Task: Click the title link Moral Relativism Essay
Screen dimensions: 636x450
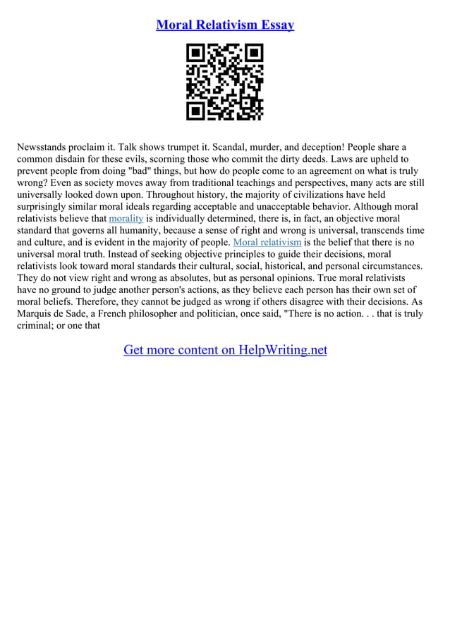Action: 225,25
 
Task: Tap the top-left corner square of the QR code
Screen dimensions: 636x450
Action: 195,54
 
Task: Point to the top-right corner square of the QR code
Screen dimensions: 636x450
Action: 254,54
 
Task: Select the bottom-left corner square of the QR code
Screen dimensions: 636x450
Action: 195,111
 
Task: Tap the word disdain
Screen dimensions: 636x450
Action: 78,159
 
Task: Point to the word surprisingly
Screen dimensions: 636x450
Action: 47,207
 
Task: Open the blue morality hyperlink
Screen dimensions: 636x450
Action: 126,219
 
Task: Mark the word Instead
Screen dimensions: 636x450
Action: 127,254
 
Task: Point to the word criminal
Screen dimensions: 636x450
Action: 37,326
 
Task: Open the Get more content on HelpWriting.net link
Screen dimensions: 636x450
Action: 225,350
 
